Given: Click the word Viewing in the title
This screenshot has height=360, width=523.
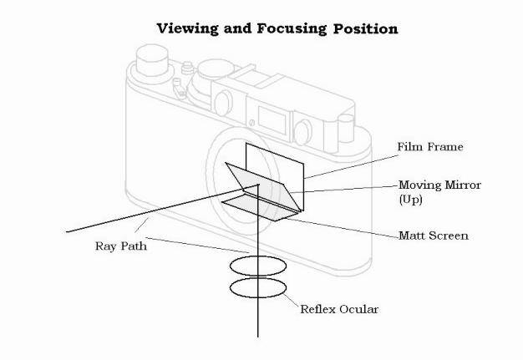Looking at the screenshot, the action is coord(187,28).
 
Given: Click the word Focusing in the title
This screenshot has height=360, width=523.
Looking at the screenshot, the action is coord(292,28).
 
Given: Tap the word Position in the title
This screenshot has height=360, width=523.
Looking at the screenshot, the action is coord(365,28).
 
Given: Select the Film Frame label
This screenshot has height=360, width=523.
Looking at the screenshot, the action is coord(430,147).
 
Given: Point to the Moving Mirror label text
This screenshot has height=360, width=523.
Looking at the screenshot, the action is coord(439,185).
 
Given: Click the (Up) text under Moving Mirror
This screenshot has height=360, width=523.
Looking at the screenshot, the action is coord(410,200).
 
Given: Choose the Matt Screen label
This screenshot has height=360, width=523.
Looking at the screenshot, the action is coord(434,236).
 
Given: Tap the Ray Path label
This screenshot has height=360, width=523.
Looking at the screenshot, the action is coord(121,246).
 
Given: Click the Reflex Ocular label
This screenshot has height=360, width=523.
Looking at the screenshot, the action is coord(339,309).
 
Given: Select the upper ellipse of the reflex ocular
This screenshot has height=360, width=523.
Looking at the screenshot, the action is coord(258,256).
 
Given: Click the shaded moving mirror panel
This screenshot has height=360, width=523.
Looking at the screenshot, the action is coord(263,185).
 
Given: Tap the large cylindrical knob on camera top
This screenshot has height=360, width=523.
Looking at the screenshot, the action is coord(152,60).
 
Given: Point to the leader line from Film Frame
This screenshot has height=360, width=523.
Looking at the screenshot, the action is coord(351,167).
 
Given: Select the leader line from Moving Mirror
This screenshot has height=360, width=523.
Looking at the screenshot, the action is coord(345,189).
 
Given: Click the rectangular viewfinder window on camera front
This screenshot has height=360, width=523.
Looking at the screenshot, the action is coord(272,120).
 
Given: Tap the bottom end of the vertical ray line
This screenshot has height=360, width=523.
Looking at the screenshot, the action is coord(258,337).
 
